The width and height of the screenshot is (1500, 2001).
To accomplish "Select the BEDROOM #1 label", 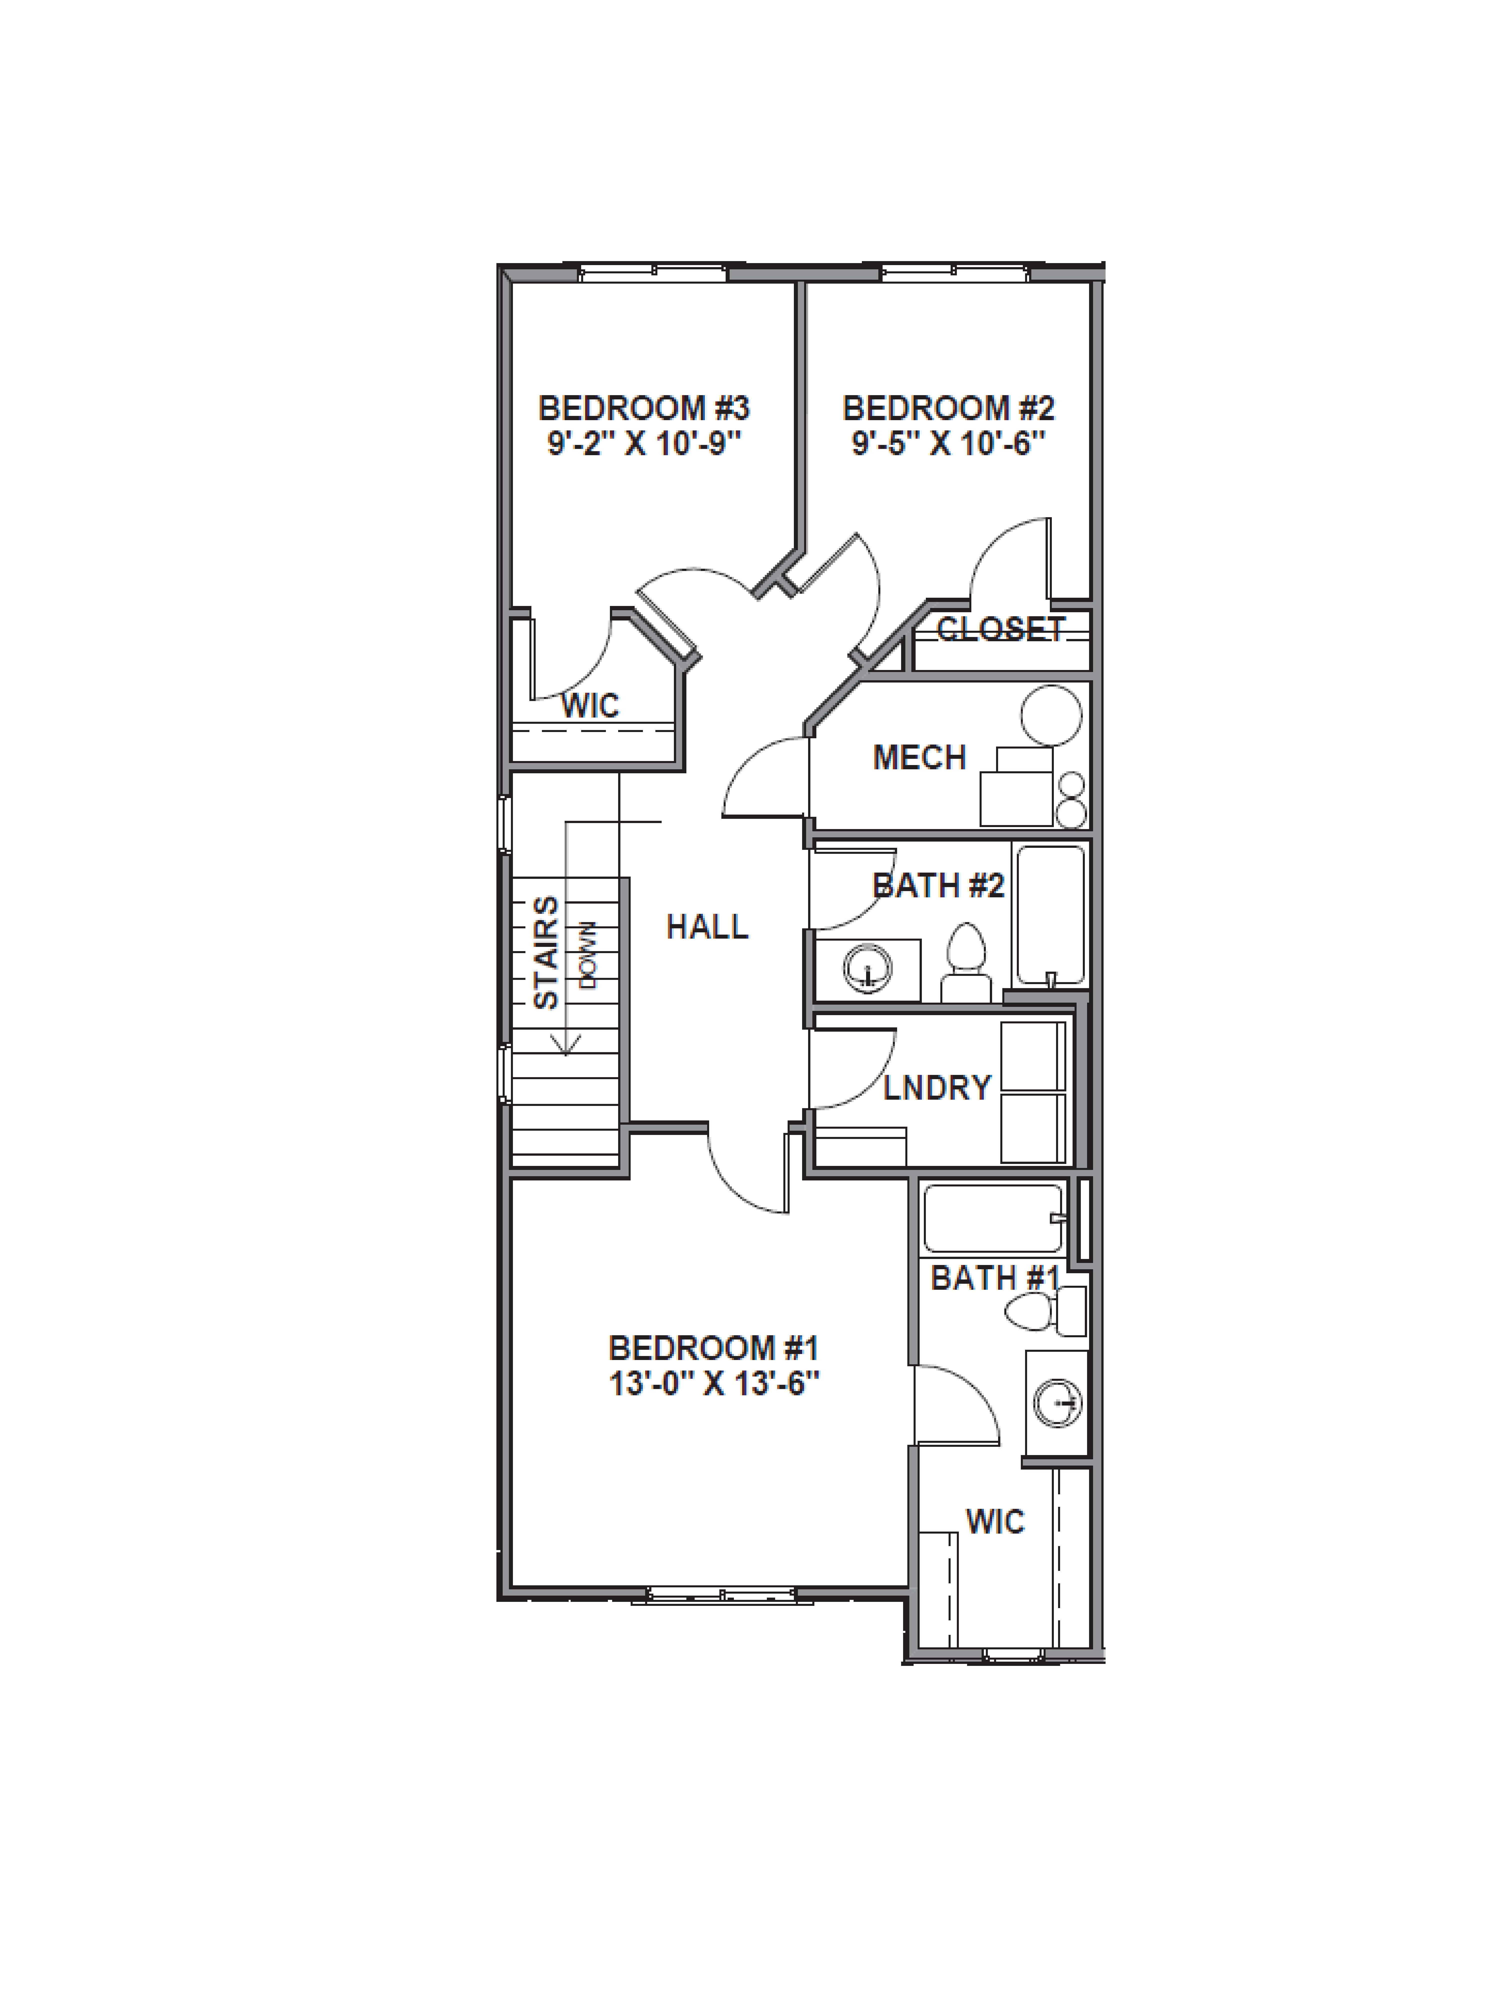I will pos(713,1348).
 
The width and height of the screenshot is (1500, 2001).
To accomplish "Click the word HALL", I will pos(707,926).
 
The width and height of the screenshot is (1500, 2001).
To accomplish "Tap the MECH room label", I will pos(920,757).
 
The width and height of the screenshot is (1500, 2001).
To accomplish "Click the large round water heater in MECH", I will pos(1051,715).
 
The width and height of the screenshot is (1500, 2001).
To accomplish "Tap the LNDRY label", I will pos(937,1087).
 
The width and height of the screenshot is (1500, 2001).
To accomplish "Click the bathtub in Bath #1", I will pos(992,1218).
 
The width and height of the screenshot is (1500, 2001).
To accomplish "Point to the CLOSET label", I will pos(1000,629).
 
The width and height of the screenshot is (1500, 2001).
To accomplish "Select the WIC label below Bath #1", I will pos(995,1522).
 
